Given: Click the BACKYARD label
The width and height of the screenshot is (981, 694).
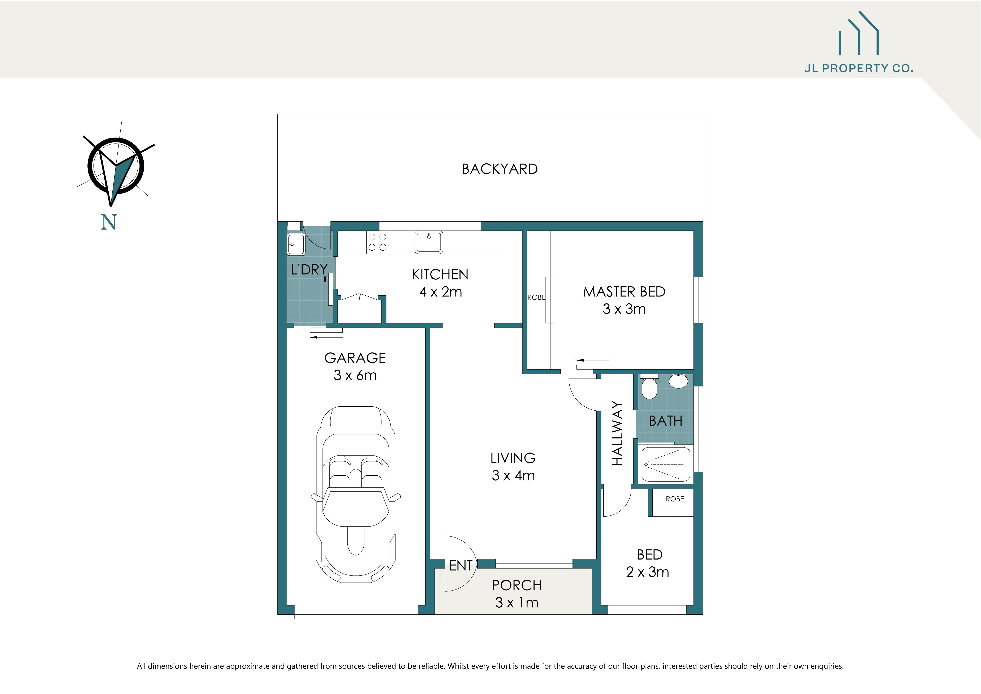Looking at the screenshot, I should (x=500, y=169).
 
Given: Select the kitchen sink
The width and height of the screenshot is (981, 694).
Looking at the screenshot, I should (x=429, y=242).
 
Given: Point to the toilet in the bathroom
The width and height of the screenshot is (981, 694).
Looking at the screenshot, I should (x=649, y=387).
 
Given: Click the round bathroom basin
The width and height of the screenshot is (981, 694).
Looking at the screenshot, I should (x=678, y=381).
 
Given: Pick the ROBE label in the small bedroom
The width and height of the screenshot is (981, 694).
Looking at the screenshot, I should (x=675, y=499).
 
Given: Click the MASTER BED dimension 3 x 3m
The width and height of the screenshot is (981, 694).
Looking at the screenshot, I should (x=624, y=309).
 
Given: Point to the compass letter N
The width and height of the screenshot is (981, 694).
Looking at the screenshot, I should (x=109, y=223).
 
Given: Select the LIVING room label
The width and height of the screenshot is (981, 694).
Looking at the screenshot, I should (x=513, y=458).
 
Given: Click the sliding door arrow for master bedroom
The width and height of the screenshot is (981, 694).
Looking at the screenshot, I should (x=592, y=360).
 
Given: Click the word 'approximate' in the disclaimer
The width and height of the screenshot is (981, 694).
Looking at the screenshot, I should (x=248, y=666).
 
